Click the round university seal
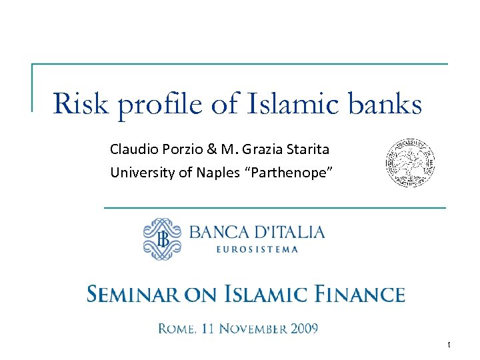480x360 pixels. coord(411,163)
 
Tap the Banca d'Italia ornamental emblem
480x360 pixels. coord(162,239)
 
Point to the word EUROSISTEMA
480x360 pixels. coord(257,250)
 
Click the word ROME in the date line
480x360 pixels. coord(177,328)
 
